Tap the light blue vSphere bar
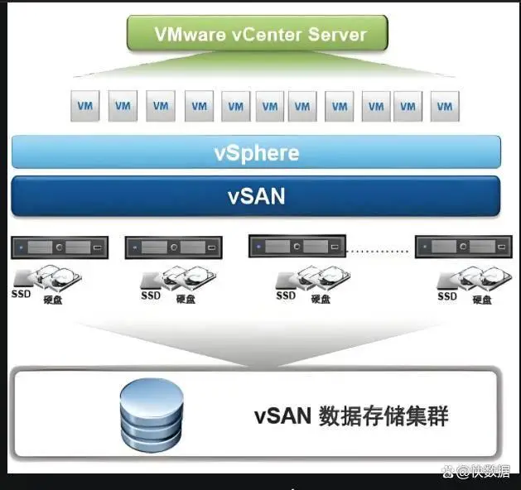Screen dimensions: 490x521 pos(256,153)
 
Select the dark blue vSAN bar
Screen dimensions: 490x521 pos(256,196)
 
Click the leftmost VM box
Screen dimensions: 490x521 pos(84,106)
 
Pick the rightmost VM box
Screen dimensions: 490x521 pos(445,106)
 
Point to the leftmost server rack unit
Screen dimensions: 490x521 pos(60,247)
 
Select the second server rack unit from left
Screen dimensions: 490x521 pos(173,247)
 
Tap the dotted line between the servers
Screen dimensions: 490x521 pos(380,248)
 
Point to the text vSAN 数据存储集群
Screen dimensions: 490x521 pos(351,416)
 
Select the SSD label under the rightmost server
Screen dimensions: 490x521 pos(447,295)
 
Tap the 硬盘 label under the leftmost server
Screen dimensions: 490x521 pos(54,299)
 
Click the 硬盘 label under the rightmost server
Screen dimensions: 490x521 pos(482,299)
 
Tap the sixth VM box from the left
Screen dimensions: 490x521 pos(269,106)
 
